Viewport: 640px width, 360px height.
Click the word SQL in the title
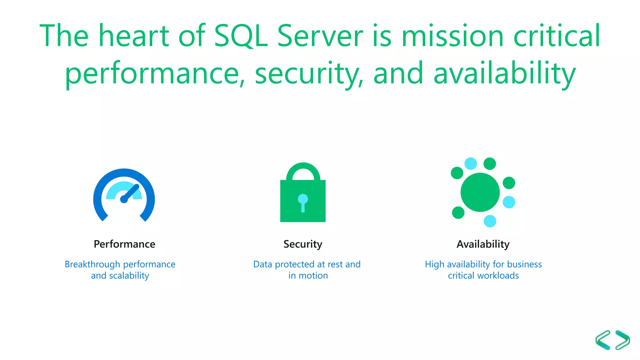(x=241, y=36)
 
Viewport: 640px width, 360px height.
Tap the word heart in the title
(x=134, y=36)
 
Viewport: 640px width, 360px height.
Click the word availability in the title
(x=504, y=73)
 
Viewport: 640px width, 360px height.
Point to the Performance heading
(x=124, y=244)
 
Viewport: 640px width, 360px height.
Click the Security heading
(x=302, y=244)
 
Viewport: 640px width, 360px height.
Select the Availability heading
(x=483, y=244)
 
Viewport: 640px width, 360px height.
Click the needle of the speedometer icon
(x=131, y=193)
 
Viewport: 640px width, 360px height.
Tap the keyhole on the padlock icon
(x=303, y=202)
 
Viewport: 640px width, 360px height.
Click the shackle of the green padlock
(x=303, y=170)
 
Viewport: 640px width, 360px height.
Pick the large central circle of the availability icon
(x=480, y=192)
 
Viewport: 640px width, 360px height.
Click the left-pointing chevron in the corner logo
(x=603, y=340)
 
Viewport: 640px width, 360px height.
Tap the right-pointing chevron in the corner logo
(x=622, y=340)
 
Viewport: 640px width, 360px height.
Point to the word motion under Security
(x=313, y=276)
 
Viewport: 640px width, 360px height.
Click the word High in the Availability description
(x=434, y=264)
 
